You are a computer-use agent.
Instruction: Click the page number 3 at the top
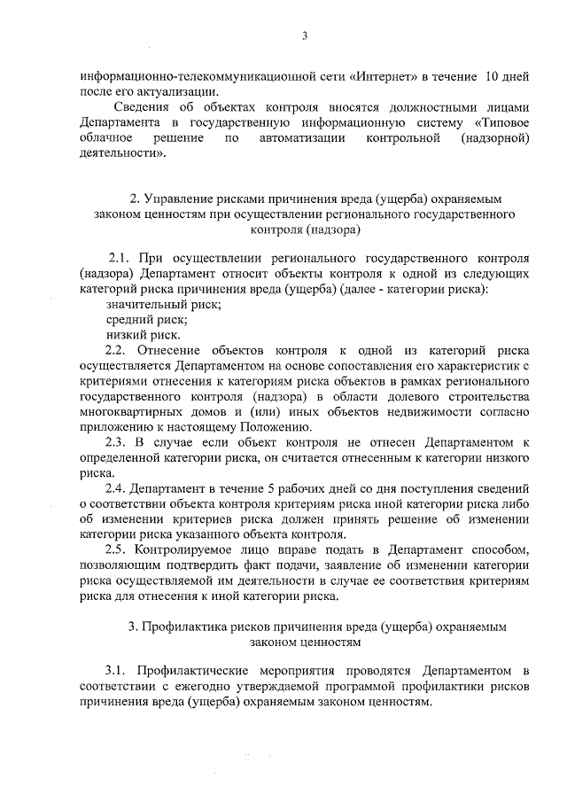[x=304, y=36]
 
